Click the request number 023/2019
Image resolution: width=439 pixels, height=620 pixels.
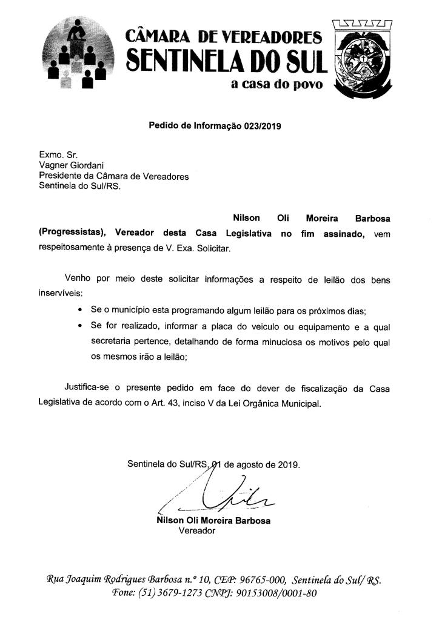coord(263,127)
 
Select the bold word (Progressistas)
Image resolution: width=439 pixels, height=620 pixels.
coord(73,234)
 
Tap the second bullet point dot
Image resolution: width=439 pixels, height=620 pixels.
coord(81,326)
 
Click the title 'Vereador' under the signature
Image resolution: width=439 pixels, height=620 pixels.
coord(197,531)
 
